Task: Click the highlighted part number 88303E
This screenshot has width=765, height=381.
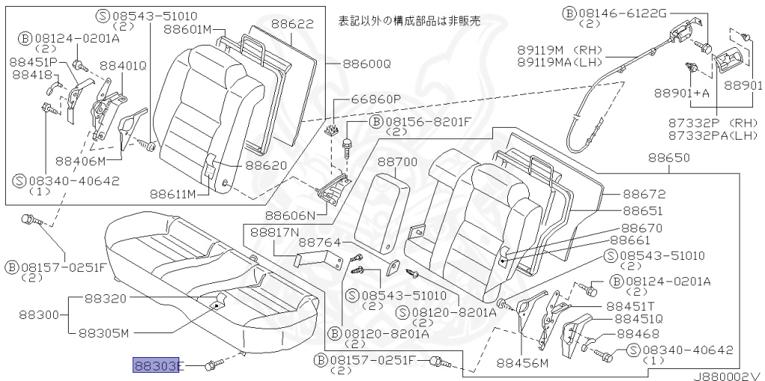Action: tap(156, 365)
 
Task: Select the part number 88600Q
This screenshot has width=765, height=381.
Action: tap(367, 64)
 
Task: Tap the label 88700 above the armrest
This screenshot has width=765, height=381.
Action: tap(397, 161)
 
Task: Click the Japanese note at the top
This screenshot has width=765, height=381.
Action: tap(409, 20)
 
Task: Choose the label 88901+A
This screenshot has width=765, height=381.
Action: tap(681, 93)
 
